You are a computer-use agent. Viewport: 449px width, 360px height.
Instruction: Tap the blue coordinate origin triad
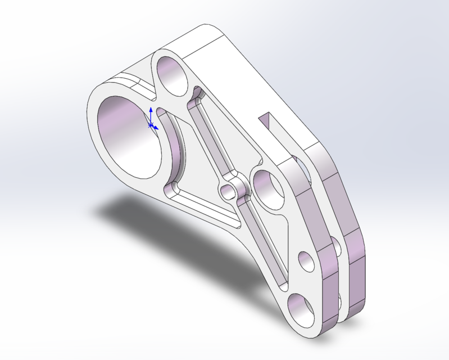tap(151, 124)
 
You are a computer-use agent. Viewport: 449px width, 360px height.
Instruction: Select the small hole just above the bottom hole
tap(306, 262)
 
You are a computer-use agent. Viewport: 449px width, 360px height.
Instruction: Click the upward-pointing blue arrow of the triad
tap(151, 111)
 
